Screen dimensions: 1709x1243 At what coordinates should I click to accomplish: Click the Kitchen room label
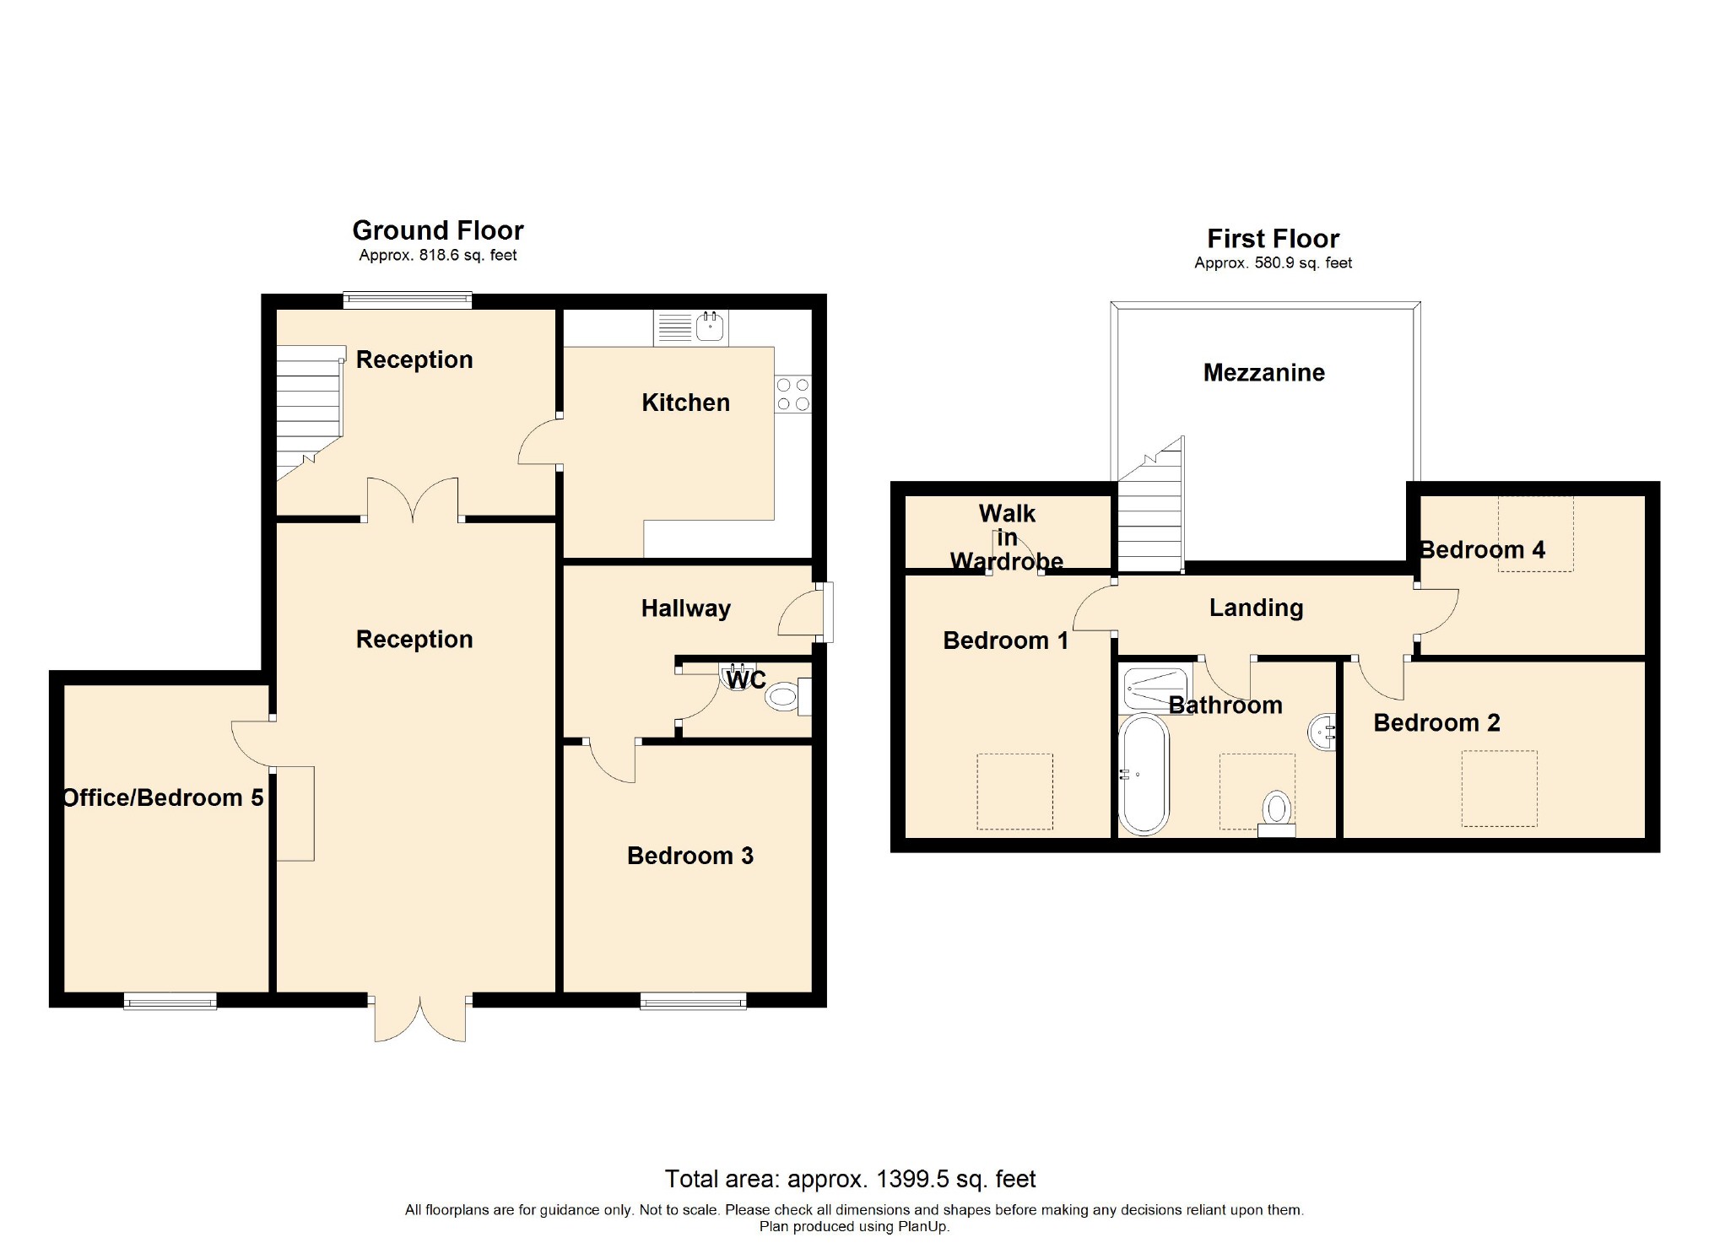[685, 403]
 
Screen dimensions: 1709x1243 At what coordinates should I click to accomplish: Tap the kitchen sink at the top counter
[690, 327]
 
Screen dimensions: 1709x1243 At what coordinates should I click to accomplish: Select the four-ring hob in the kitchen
[793, 395]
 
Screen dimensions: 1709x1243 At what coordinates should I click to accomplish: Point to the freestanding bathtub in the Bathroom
[1144, 775]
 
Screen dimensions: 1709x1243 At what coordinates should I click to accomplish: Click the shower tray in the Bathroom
[1155, 687]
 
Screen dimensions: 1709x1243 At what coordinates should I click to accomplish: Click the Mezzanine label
[1263, 373]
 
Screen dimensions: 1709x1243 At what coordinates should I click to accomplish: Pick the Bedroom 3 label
[690, 856]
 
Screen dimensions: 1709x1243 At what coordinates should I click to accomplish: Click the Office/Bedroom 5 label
[164, 797]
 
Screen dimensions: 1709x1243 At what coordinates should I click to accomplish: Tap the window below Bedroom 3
[693, 1001]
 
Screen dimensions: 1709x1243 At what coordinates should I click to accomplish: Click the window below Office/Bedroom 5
[170, 1001]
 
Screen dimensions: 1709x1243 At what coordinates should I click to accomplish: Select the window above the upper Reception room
[408, 300]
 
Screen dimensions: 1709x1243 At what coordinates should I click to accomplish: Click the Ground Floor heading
[438, 230]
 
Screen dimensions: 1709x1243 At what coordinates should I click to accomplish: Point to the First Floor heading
[1273, 239]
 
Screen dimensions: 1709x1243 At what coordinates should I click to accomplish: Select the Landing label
[1256, 608]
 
